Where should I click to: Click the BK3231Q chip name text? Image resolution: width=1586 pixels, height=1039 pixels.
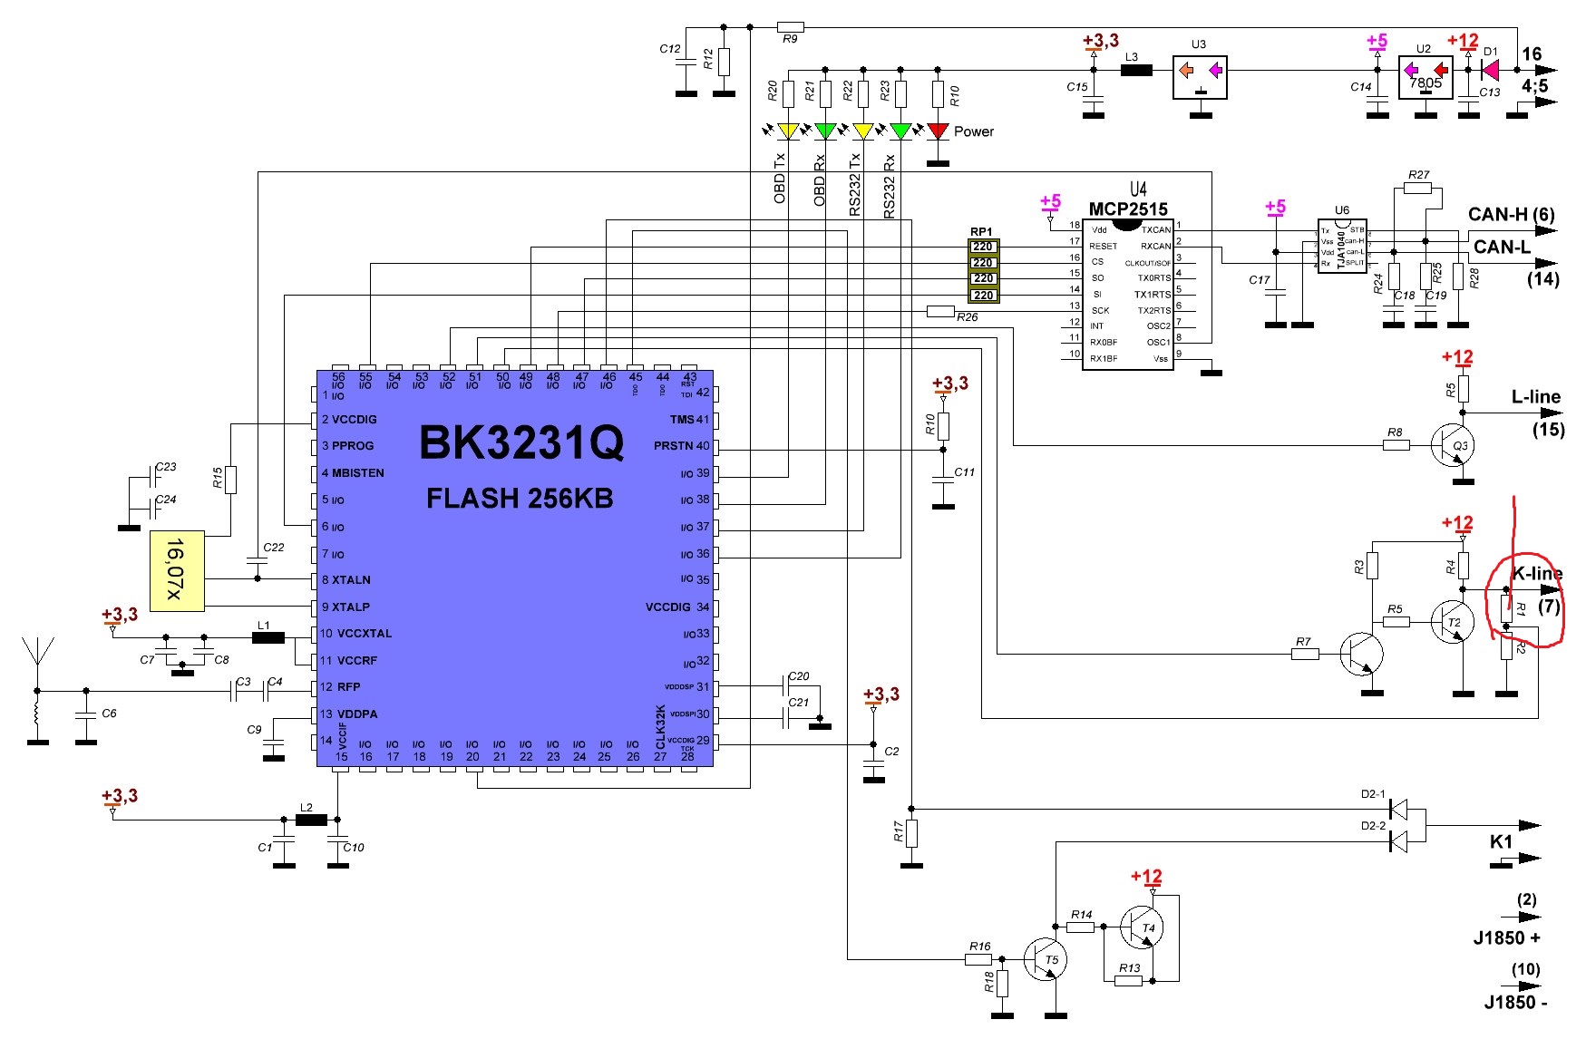[x=521, y=443]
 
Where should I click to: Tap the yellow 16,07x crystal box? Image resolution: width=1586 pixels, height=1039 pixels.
[x=177, y=570]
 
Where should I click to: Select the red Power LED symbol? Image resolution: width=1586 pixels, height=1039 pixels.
[x=938, y=132]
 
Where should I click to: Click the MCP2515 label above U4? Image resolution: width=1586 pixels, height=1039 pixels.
[x=1128, y=209]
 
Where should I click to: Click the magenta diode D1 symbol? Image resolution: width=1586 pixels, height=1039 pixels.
[x=1490, y=70]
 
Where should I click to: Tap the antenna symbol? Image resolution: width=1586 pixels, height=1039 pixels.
[x=36, y=653]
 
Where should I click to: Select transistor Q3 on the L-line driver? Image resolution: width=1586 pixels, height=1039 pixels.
[x=1454, y=445]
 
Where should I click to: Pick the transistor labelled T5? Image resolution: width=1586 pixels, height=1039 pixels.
[x=1046, y=959]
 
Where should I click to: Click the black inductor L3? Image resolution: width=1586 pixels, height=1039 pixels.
[x=1136, y=70]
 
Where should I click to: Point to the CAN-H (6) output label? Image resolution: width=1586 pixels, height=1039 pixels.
[x=1511, y=215]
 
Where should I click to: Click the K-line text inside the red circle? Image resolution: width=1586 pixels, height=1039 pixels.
[x=1536, y=574]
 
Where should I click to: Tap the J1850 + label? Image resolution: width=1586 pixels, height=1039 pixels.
[x=1506, y=938]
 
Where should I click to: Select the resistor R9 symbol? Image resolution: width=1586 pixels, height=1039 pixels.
[x=790, y=27]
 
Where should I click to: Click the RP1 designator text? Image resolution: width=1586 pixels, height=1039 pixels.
[x=981, y=232]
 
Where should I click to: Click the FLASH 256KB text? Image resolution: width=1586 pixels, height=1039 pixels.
[x=520, y=499]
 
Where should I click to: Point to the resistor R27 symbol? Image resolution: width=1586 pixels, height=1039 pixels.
[x=1417, y=188]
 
